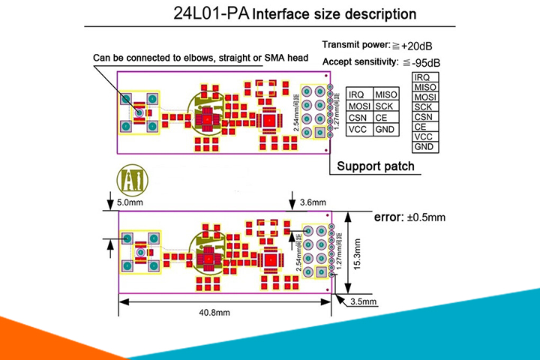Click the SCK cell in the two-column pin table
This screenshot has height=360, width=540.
pos(385,106)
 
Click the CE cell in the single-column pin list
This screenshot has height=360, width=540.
pos(421,127)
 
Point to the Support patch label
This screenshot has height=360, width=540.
pos(376,166)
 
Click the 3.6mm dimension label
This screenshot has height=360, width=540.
pos(313,202)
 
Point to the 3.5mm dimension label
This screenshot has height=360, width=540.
pos(362,301)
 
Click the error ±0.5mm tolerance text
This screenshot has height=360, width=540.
pos(409,217)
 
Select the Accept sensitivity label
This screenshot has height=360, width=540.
pos(364,62)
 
